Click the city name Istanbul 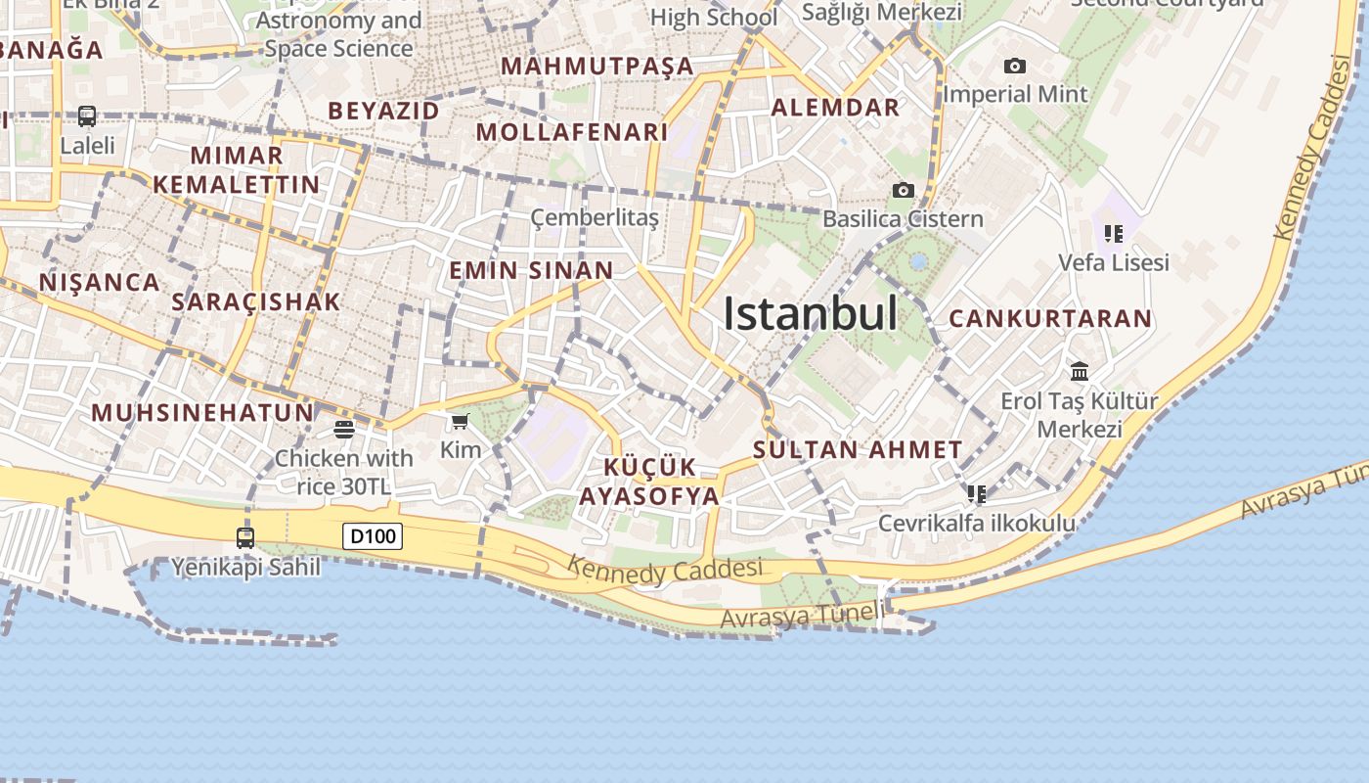810,313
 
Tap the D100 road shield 373,536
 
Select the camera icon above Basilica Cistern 903,190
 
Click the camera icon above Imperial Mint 1015,66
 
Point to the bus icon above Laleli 87,116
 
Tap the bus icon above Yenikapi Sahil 245,537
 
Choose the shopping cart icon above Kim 460,422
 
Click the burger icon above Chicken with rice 343,429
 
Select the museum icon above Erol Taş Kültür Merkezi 1080,371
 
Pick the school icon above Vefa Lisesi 1113,234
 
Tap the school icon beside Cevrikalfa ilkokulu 976,493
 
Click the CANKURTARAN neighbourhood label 1050,319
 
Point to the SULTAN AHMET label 858,450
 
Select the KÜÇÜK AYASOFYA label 649,482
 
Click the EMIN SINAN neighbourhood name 531,271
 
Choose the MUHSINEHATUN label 203,412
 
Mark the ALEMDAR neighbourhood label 835,108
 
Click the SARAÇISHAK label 256,301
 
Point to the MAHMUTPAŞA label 596,67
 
